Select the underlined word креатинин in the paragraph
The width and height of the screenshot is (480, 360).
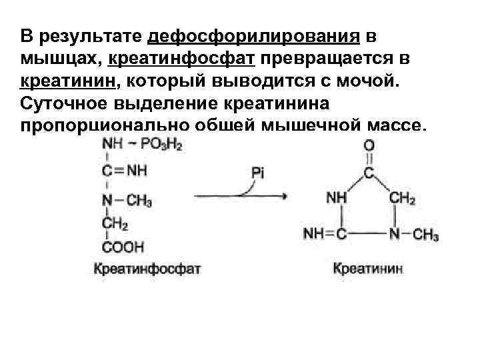67,81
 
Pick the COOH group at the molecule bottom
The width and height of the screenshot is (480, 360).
123,247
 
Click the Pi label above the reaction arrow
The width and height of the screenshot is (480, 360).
258,173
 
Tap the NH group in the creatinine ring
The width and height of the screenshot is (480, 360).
337,198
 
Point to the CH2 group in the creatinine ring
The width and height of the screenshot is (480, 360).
402,198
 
